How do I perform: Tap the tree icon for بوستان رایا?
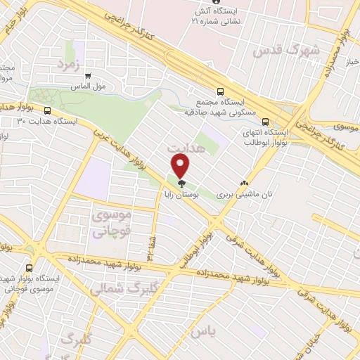coord(181,184)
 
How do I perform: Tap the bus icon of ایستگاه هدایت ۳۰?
coord(48,110)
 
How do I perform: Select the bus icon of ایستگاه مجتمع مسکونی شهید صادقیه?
coord(221,91)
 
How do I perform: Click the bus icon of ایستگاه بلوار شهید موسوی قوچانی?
coord(29,268)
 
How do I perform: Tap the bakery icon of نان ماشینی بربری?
coord(244,181)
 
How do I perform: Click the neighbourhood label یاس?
coord(200,330)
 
